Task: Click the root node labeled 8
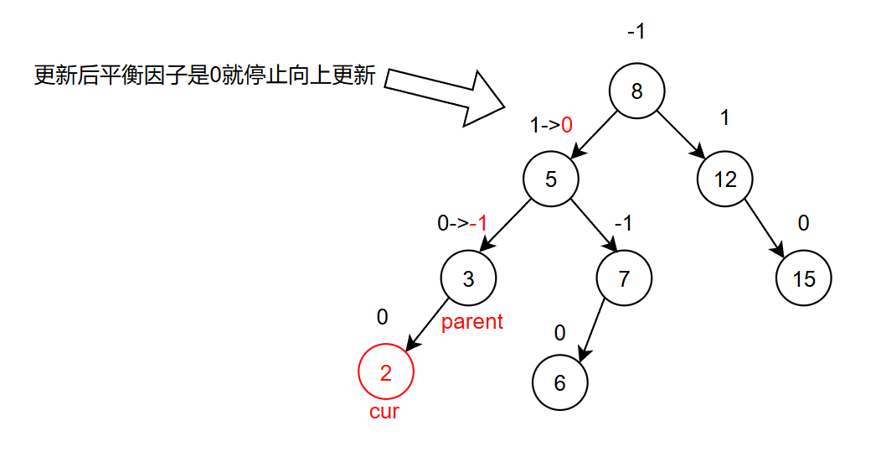tap(636, 91)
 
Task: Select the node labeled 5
tap(551, 179)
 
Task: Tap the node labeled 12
tap(725, 179)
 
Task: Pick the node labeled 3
tap(468, 278)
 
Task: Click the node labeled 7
tap(624, 278)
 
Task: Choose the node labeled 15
tap(804, 278)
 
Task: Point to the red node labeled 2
tap(385, 373)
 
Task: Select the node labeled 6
tap(560, 382)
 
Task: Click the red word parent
tap(472, 322)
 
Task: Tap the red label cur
tap(384, 412)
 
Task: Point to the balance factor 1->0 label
tap(551, 126)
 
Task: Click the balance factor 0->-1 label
tap(462, 224)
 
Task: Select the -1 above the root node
tap(636, 33)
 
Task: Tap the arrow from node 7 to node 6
tap(592, 330)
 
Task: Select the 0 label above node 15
tap(804, 224)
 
